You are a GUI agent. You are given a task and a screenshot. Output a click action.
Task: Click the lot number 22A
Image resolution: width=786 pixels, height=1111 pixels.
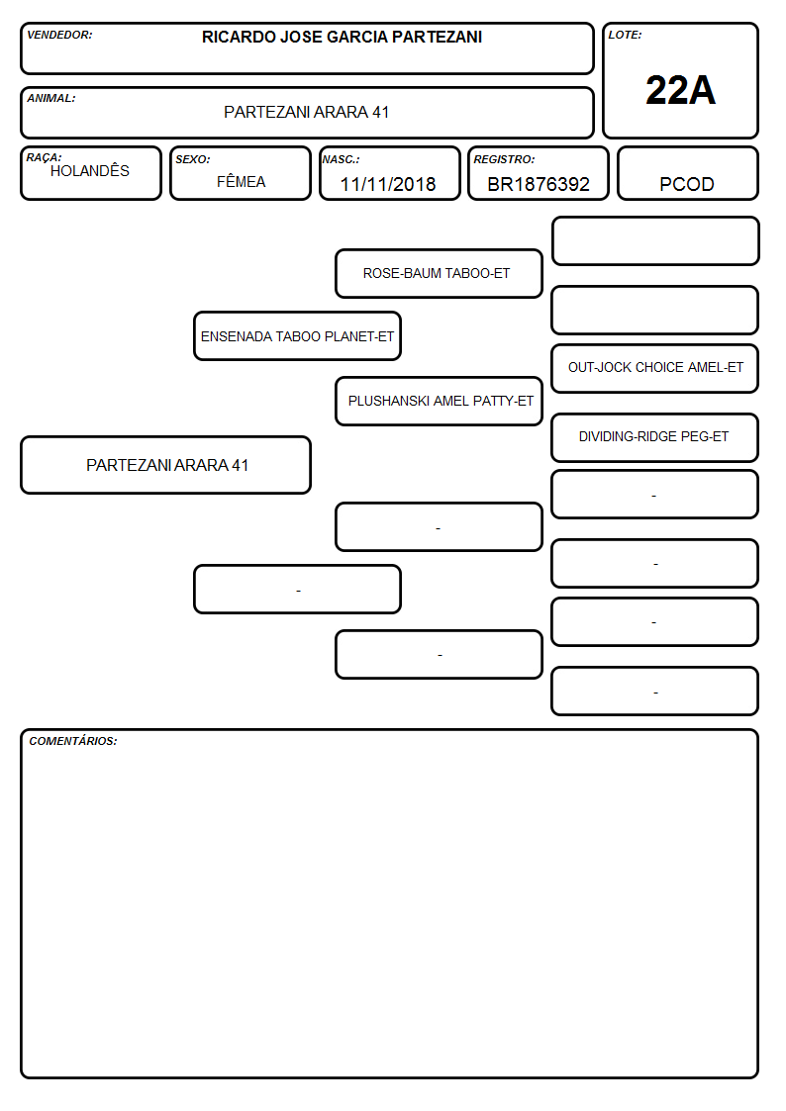(680, 91)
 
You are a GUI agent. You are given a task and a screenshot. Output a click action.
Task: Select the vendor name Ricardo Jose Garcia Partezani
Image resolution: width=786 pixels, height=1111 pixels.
(342, 37)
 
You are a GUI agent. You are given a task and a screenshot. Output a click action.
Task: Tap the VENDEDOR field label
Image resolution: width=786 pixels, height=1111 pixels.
(59, 35)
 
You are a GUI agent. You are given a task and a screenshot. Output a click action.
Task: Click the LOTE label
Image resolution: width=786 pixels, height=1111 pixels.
(625, 35)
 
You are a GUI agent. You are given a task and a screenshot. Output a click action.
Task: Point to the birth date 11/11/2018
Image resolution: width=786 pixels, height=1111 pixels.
(388, 184)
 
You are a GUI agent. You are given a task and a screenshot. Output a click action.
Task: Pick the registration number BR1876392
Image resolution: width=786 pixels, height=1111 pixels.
(539, 184)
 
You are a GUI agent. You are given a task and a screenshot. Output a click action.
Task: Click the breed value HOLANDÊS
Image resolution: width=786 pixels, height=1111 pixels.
(90, 171)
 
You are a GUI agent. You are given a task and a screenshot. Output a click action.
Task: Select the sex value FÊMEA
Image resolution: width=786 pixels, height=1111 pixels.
(241, 182)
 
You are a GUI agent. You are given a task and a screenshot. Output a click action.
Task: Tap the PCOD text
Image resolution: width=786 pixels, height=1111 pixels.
(687, 184)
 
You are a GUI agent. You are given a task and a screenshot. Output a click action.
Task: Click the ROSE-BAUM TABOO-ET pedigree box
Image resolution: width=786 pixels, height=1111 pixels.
(439, 273)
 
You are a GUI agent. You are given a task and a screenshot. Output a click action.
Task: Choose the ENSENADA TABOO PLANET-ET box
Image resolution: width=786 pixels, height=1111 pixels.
(298, 335)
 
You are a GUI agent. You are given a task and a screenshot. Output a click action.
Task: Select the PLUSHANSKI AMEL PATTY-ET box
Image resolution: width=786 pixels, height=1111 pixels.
(440, 401)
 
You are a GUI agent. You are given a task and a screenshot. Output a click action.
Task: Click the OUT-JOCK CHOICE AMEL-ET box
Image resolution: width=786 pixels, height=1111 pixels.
(655, 368)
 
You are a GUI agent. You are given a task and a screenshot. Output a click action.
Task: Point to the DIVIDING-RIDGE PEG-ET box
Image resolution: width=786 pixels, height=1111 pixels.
(655, 437)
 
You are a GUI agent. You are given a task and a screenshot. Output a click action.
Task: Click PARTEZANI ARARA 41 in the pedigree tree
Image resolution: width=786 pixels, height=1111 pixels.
(166, 465)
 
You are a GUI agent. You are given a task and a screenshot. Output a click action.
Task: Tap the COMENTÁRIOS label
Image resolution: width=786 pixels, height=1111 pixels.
(73, 741)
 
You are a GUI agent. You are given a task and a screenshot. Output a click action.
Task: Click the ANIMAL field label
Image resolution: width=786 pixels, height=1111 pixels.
(51, 99)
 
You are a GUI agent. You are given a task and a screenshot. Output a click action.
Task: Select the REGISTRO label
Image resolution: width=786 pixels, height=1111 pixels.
(504, 159)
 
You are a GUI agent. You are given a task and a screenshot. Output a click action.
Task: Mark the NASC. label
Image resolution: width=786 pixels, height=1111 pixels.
(341, 159)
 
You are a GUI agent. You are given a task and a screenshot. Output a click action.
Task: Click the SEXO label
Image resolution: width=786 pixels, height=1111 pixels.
(193, 159)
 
